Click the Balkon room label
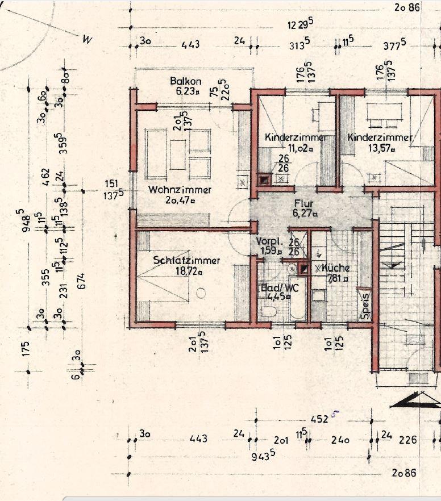[x=182, y=81]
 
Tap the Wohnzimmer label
[x=180, y=190]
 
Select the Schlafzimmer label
[x=186, y=261]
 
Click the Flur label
[x=304, y=203]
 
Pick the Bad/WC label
[x=276, y=287]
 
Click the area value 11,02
[x=301, y=148]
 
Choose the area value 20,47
[x=180, y=200]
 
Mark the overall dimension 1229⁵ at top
[x=301, y=24]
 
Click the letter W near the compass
[x=87, y=40]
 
